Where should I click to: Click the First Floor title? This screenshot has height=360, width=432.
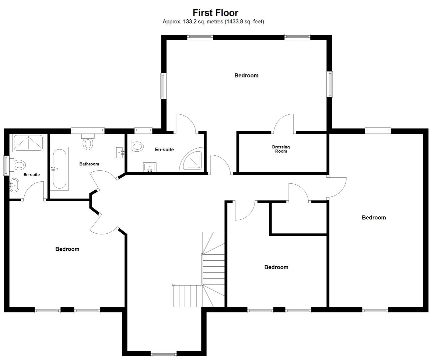(x=216, y=13)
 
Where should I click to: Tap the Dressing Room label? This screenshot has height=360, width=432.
(x=281, y=149)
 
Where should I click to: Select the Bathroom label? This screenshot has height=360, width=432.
(x=89, y=164)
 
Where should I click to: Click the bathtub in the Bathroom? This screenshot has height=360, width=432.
(x=59, y=169)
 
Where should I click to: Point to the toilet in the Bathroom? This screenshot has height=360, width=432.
(x=88, y=142)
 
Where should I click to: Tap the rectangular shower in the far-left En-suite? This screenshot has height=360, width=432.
(x=28, y=143)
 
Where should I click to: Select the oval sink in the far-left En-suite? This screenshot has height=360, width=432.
(x=14, y=185)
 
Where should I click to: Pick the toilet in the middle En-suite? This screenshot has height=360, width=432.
(x=135, y=147)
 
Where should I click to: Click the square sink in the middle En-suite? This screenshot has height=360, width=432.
(x=150, y=167)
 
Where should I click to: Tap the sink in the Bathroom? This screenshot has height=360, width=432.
(x=120, y=153)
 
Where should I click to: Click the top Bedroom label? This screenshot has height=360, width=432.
(x=246, y=76)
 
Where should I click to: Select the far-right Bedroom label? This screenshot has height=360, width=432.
(x=374, y=218)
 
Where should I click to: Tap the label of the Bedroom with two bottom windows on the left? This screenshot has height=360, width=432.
(x=67, y=249)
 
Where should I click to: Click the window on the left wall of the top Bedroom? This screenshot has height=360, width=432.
(x=164, y=86)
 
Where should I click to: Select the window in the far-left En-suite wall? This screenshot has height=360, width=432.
(x=6, y=166)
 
